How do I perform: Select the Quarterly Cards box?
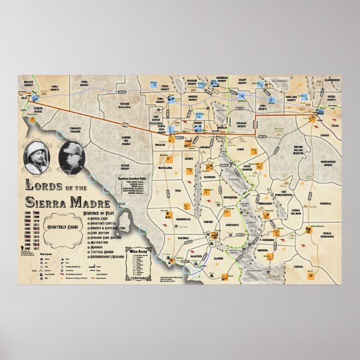point(62,226)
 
